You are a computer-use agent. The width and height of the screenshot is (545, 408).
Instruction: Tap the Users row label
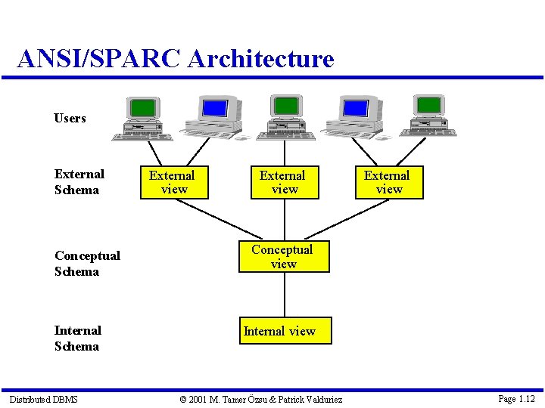70,119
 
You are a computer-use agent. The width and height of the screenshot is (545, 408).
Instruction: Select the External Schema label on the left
79,182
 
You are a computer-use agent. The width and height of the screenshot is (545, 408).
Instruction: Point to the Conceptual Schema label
86,264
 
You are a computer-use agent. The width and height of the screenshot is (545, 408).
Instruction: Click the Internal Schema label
77,338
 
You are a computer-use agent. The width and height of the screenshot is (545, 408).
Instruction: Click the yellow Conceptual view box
284,257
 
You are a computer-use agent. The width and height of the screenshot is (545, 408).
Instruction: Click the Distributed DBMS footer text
43,399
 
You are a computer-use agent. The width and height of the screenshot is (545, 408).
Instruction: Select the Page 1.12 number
516,398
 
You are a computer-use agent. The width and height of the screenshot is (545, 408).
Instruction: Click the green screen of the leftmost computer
142,107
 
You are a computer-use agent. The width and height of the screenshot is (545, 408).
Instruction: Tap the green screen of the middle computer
285,105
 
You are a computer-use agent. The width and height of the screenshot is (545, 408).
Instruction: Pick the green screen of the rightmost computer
429,104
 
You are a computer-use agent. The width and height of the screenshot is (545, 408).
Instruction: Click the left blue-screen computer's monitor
215,108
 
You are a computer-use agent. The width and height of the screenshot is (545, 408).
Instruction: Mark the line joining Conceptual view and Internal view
284,295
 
